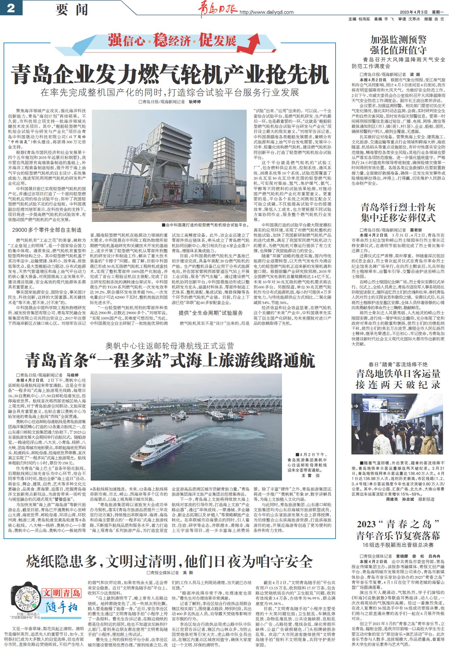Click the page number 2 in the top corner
11,8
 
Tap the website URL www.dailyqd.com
266,12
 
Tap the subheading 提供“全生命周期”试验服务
211,313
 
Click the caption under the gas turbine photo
205,225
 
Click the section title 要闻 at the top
72,10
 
